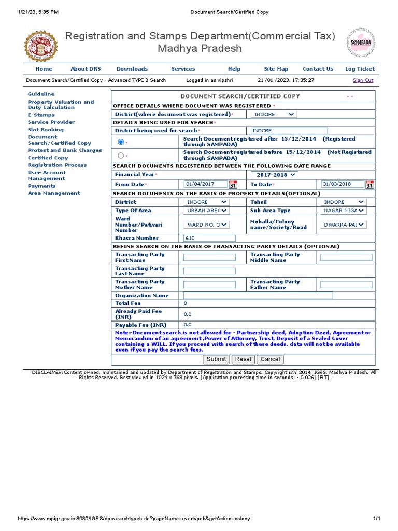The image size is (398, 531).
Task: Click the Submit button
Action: tap(216, 359)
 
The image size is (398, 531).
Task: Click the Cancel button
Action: tap(270, 359)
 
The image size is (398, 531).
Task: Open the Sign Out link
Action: tap(363, 80)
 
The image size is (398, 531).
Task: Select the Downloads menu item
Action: tap(132, 69)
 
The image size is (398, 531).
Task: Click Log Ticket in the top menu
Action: tap(360, 69)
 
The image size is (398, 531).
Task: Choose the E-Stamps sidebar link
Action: tap(41, 115)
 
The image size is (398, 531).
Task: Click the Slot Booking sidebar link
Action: tap(46, 130)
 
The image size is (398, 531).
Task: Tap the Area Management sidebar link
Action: tap(54, 193)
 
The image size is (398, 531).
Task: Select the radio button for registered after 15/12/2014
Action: tap(121, 142)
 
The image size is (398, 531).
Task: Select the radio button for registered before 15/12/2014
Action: tap(121, 155)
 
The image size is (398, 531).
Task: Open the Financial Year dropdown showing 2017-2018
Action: tap(274, 175)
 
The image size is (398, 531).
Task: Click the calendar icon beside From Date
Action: tap(233, 185)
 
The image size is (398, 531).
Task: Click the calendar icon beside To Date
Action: tap(369, 185)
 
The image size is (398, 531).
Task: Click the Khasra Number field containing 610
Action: tap(209, 239)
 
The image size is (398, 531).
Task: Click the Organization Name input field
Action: tap(258, 296)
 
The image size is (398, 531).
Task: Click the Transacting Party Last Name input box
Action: tap(209, 271)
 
